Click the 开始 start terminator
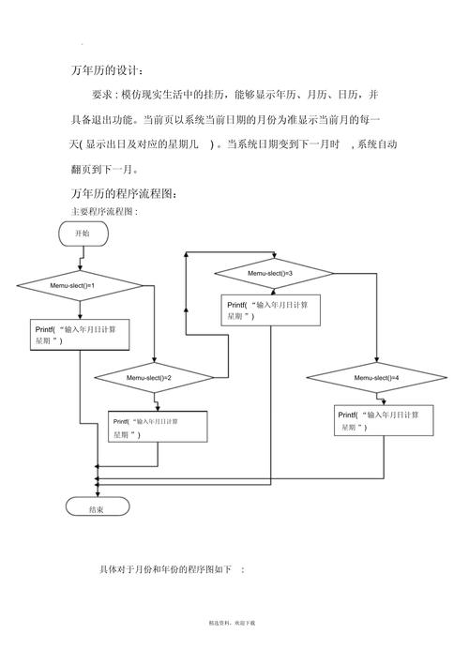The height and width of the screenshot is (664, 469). (83, 234)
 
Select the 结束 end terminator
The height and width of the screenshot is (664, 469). (96, 508)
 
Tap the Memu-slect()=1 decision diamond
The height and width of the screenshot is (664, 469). (80, 285)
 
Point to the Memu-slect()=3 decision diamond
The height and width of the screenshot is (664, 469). (273, 273)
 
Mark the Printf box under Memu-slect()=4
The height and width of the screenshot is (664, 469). (385, 420)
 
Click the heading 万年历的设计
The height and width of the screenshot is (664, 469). (108, 71)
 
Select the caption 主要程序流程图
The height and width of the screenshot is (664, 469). (104, 212)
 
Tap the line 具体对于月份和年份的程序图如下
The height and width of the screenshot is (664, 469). (172, 569)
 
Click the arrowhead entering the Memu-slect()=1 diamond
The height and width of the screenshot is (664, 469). (80, 268)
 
